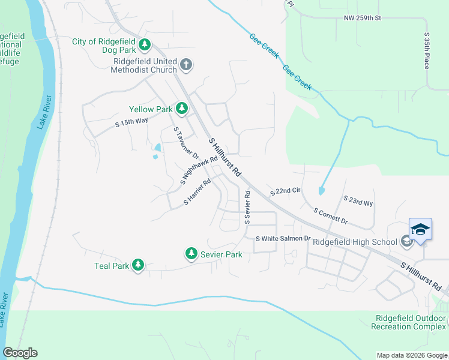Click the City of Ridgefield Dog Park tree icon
[144, 44]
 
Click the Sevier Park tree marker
[191, 254]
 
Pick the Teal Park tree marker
[137, 265]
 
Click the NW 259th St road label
[363, 19]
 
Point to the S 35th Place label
[427, 50]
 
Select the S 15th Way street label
[131, 122]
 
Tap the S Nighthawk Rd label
[199, 171]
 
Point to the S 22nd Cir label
[285, 191]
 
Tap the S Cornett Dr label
[331, 216]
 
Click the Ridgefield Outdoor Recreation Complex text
[408, 322]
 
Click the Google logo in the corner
[20, 353]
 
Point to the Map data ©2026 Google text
[412, 355]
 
